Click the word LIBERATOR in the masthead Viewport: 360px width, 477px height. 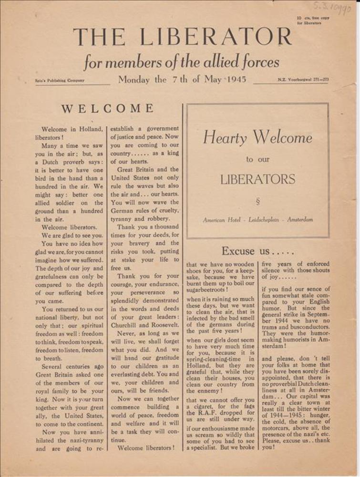[x=223, y=37]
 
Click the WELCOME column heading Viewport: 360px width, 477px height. [x=107, y=109]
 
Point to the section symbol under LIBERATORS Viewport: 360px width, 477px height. [x=257, y=201]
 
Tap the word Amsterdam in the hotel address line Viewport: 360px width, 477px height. [x=300, y=220]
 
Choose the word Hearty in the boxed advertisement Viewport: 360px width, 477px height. [x=225, y=138]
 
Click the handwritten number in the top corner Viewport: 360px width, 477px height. [x=332, y=8]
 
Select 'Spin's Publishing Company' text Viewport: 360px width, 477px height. [x=60, y=80]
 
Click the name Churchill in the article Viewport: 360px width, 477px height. [x=127, y=325]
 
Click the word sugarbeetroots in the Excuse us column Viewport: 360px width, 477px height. [x=207, y=289]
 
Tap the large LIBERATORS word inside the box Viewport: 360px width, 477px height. [x=257, y=179]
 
